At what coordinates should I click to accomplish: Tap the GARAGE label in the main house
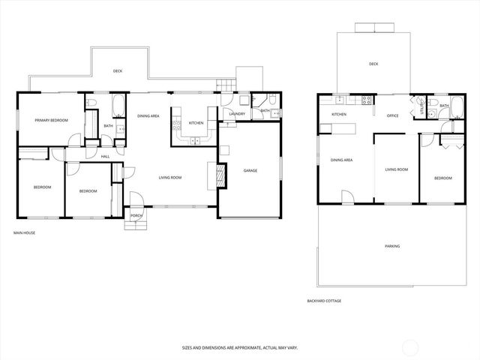coord(250,170)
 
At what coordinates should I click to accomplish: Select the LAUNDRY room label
coord(237,114)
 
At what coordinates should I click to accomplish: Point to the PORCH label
coord(136,215)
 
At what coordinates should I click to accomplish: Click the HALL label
coord(106,156)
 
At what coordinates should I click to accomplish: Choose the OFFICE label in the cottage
coord(391,116)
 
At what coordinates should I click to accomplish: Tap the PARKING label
coord(391,245)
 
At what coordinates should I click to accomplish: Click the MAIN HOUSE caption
coord(24,233)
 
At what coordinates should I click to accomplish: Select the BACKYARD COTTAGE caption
coord(324,301)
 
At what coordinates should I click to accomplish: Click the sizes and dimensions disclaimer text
coord(239,347)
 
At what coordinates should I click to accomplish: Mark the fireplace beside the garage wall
coord(220,176)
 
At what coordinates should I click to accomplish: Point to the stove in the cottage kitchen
coord(367,100)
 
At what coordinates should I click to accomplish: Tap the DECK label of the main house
coord(117,71)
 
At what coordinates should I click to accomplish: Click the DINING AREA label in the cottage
coord(342,160)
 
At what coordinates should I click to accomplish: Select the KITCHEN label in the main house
coord(196,123)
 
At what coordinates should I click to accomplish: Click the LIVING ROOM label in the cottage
coord(396,169)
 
